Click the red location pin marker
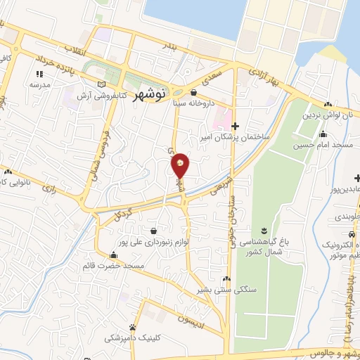(181, 166)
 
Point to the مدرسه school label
(39, 84)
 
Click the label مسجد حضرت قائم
(114, 265)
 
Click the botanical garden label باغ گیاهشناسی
(264, 241)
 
